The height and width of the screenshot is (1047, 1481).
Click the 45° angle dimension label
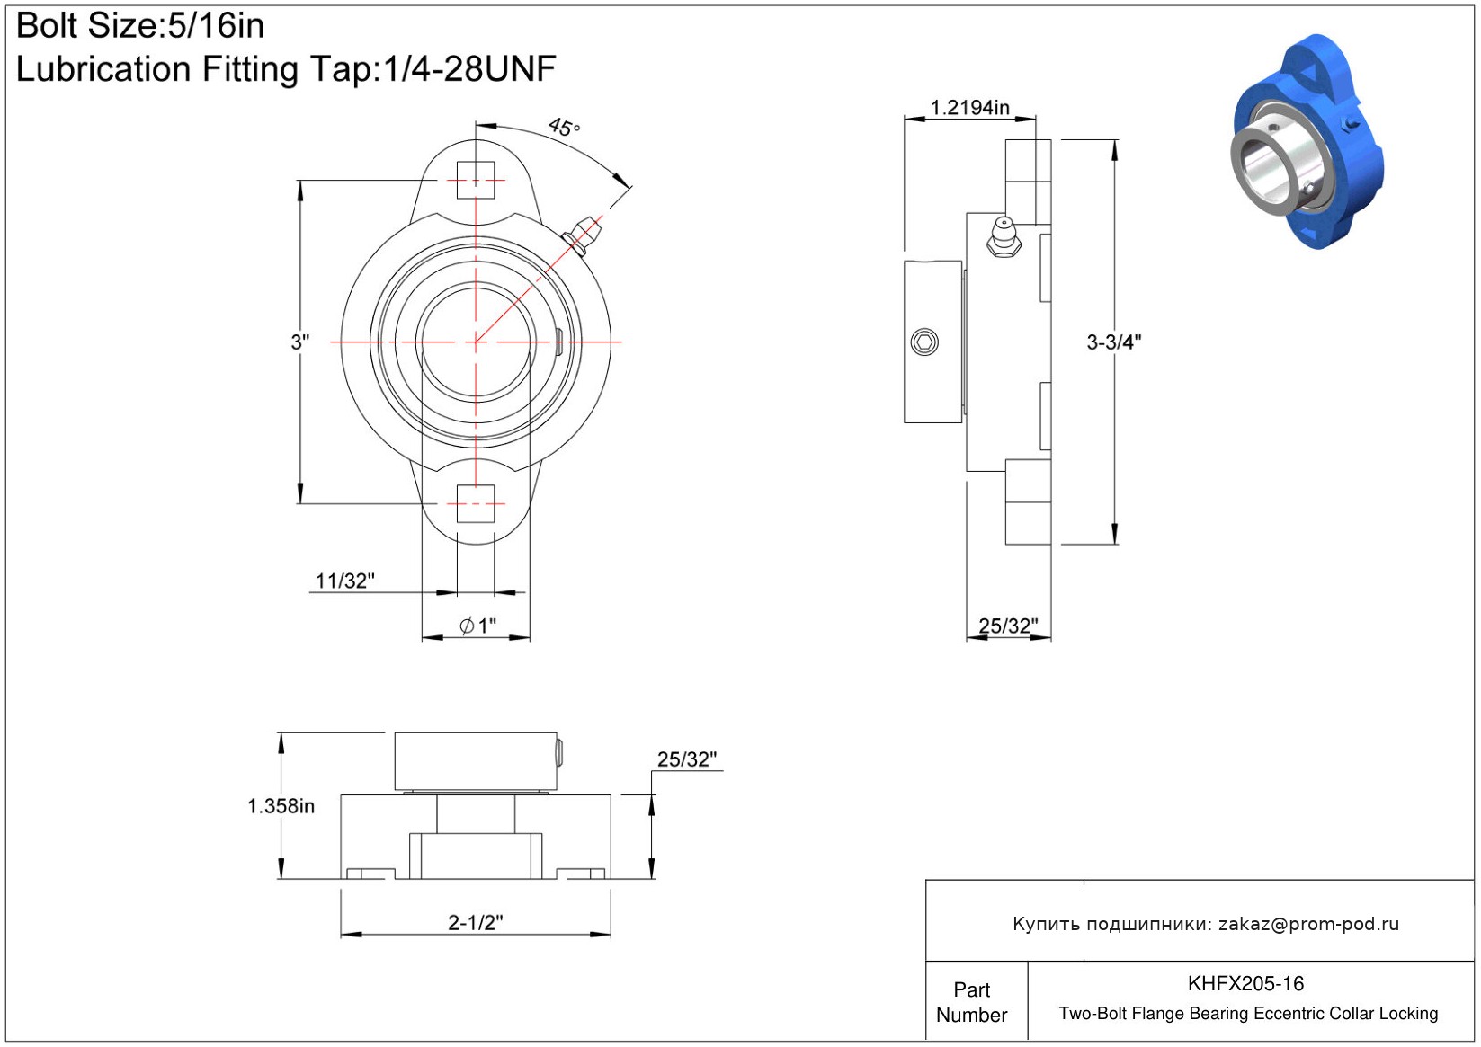(x=563, y=126)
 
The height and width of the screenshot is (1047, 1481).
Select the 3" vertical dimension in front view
(x=300, y=342)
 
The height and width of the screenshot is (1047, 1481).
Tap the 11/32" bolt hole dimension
(x=344, y=581)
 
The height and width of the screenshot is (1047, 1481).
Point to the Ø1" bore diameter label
(x=477, y=625)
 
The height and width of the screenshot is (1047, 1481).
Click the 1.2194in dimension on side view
(x=969, y=107)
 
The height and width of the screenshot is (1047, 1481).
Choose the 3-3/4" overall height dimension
(x=1114, y=342)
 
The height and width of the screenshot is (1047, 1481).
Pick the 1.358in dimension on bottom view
(x=281, y=806)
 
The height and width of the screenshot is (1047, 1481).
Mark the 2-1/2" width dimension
(x=476, y=922)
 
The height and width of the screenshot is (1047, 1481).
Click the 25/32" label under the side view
(x=1008, y=626)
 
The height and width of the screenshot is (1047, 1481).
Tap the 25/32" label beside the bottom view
(x=687, y=759)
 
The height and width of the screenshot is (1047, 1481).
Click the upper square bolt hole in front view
(x=476, y=180)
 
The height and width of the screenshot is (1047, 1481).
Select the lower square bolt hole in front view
(x=476, y=503)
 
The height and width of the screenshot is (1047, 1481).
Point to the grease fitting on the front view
(x=582, y=235)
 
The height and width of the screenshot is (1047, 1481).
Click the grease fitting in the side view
(x=1004, y=236)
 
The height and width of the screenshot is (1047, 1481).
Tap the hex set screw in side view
(x=924, y=342)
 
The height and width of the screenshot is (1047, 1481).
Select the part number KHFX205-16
(x=1245, y=983)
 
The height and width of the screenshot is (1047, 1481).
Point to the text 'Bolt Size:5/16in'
(x=140, y=26)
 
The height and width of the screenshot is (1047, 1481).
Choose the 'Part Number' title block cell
(x=971, y=1001)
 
